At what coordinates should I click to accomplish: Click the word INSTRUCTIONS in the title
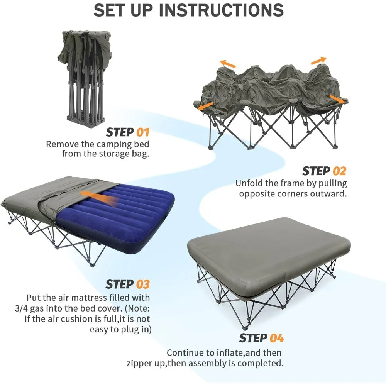pos(222,10)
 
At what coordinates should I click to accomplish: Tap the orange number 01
pos(143,132)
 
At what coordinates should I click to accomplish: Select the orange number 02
pos(340,171)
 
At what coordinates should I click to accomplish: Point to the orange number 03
pos(143,284)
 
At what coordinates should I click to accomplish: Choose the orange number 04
pos(276,338)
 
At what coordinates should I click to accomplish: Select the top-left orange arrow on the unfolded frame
pos(228,64)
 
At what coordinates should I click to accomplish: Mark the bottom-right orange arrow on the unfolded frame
pos(337,99)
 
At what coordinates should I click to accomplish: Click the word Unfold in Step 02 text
pos(250,183)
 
